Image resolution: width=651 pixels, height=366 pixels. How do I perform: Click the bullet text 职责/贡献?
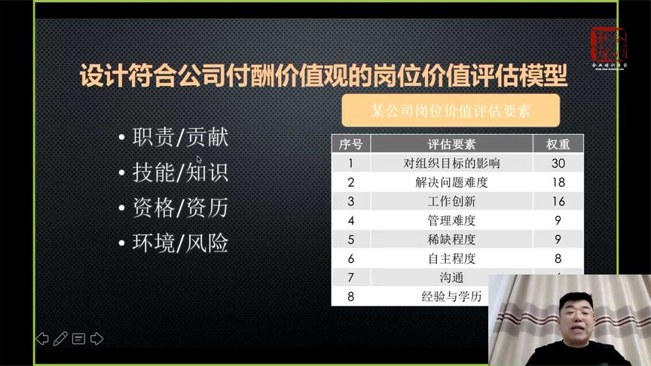(179, 138)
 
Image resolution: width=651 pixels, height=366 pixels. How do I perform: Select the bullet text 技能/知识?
(179, 172)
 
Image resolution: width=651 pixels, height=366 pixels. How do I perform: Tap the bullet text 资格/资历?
(179, 208)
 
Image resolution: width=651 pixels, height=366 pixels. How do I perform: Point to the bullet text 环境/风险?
(179, 243)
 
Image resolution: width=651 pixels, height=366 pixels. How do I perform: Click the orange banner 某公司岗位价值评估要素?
(451, 110)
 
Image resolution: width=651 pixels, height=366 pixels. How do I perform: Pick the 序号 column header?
(350, 144)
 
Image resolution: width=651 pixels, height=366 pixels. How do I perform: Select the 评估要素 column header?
(451, 144)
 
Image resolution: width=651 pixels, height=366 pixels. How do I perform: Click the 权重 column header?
(558, 144)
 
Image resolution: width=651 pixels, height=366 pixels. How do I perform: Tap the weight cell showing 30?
(558, 163)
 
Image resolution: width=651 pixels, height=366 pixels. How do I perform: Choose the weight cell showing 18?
(558, 182)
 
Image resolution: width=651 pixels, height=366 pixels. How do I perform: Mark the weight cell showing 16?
(558, 201)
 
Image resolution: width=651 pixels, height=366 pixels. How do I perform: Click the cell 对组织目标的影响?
(451, 163)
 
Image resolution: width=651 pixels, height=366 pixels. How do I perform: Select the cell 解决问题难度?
(451, 182)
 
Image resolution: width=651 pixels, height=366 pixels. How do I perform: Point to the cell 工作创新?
(451, 201)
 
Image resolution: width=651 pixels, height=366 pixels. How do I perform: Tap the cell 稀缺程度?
(451, 239)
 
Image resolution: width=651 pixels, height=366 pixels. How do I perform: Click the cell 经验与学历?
(451, 296)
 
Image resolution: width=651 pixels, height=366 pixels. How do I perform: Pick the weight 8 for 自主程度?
(558, 258)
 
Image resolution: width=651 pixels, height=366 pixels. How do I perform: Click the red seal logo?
(609, 46)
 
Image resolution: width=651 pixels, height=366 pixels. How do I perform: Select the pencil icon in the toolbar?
(61, 338)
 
